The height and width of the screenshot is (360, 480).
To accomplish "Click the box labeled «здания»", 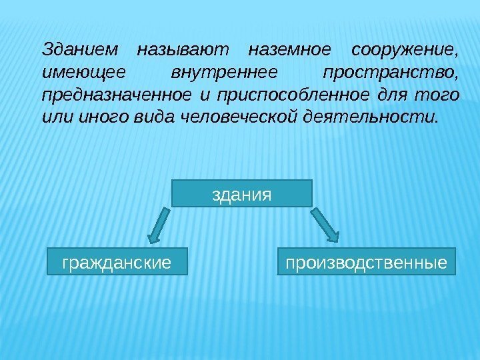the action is coord(242,193).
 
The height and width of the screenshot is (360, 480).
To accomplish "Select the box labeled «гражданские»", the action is coord(116,262).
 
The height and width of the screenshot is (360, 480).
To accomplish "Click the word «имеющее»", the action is coord(71,73).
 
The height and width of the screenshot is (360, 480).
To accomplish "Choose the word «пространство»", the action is coord(389,73).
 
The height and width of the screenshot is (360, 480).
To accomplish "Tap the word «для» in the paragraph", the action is coord(391,95).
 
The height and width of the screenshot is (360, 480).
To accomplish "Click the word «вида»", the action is coord(139,118).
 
